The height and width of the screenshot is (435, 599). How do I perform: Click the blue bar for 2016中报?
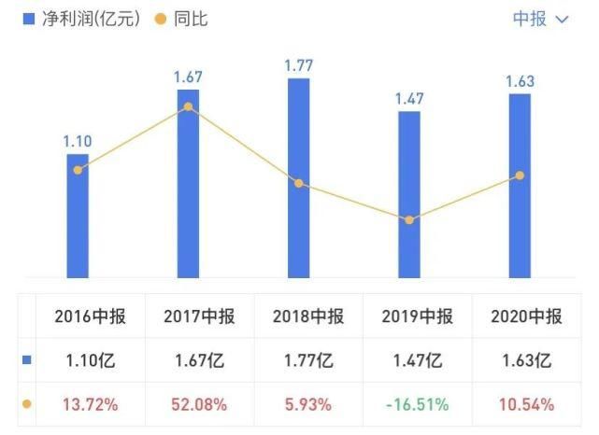pos(78,217)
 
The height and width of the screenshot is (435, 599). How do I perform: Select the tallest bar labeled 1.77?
pos(299,177)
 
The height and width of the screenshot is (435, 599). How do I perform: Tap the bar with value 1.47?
pos(409,194)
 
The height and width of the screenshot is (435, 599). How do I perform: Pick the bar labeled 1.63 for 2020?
pos(520,185)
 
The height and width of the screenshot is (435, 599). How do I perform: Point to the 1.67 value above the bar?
pos(188,76)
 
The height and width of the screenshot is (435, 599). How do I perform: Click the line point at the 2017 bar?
pos(188,106)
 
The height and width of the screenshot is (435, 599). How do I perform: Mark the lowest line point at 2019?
pos(409,220)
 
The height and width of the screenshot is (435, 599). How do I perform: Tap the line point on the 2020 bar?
pos(520,175)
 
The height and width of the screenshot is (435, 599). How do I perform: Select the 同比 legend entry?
pos(182,19)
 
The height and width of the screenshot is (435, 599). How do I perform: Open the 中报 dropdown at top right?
pos(540,19)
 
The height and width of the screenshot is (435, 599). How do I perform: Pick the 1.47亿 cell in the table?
pos(416,359)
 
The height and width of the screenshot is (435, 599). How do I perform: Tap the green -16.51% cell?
pos(416,404)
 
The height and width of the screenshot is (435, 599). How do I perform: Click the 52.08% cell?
pos(198,404)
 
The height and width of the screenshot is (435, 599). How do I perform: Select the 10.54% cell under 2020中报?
pos(526,404)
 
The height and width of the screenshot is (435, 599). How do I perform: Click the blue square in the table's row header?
pos(26,359)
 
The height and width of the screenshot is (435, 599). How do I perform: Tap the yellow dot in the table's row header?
pos(26,404)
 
